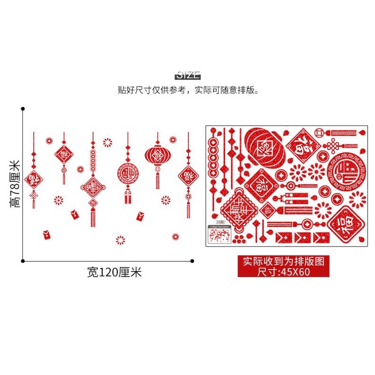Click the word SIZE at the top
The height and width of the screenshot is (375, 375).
(188, 75)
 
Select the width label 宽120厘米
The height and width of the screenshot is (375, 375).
(114, 272)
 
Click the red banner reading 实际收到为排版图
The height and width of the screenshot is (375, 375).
(287, 261)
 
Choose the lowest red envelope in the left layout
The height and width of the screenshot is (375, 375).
(47, 234)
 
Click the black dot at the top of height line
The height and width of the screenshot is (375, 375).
(22, 109)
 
